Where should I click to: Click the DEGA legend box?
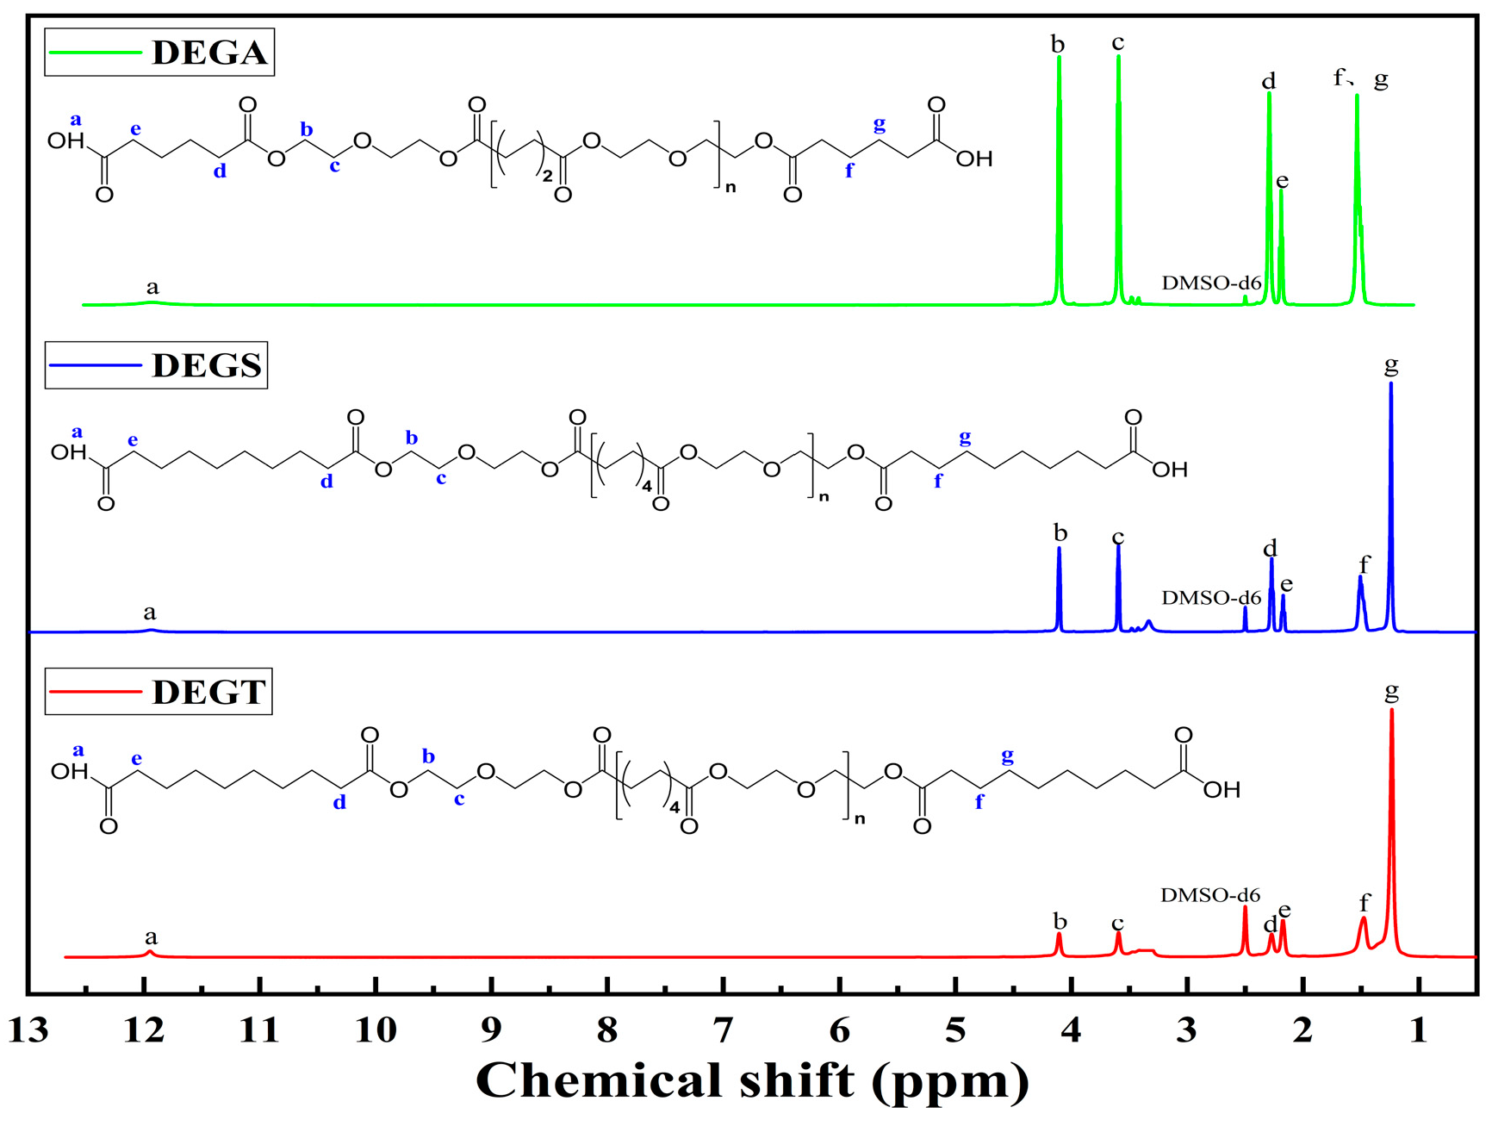[x=159, y=53]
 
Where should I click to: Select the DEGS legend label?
[x=207, y=365]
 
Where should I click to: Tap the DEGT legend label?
[x=208, y=692]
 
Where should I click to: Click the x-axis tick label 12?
[x=144, y=1030]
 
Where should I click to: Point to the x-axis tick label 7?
[x=723, y=1030]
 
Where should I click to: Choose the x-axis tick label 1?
[x=1418, y=1030]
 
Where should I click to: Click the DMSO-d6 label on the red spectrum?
[x=1209, y=895]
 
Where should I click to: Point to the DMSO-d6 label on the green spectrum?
[x=1210, y=283]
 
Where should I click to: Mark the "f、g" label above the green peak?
[x=1360, y=79]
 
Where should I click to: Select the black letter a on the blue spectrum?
[x=150, y=613]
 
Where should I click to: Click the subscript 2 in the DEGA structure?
[x=547, y=177]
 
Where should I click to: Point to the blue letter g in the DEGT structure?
[x=1007, y=757]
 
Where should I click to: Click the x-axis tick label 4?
[x=1071, y=1030]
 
